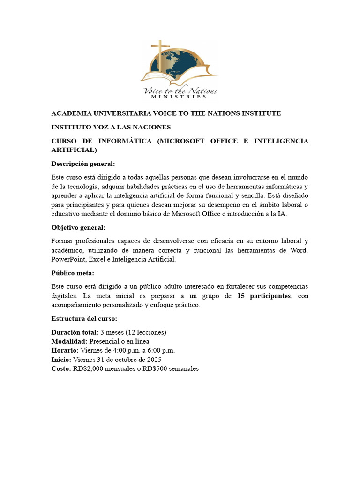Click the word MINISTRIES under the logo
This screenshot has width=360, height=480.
pos(179,97)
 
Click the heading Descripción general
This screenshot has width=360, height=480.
pos(83,164)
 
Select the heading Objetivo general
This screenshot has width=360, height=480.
pos(78,227)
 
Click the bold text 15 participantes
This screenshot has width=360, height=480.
pos(264,296)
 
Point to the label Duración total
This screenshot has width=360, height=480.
pos(75,332)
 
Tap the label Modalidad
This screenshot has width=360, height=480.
pos(69,341)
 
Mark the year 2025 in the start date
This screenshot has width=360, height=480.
pos(153,359)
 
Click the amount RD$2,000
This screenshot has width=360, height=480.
pos(89,368)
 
